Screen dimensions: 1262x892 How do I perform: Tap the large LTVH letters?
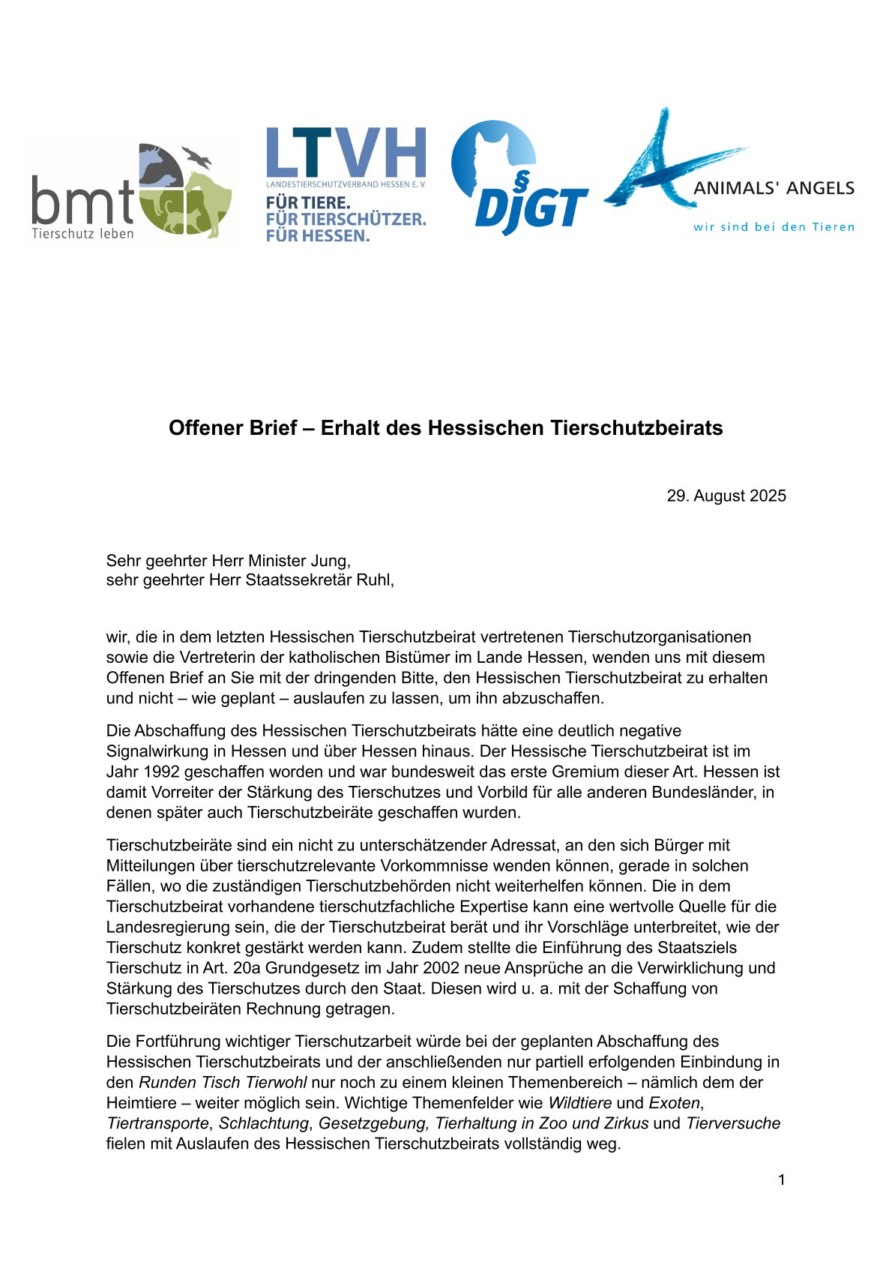point(346,153)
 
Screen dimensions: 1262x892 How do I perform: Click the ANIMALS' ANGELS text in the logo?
point(774,188)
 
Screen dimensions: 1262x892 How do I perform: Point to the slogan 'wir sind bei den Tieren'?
point(774,227)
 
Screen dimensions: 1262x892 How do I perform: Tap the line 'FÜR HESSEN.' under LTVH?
point(318,235)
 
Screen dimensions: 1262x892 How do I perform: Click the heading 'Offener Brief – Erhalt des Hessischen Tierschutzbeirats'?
point(445,428)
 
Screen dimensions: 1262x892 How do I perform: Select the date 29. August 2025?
point(726,496)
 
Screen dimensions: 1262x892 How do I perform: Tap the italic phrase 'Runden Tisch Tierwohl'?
point(223,1083)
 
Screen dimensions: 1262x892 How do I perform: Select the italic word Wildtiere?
point(579,1103)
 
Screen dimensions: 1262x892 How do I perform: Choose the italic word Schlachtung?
point(263,1123)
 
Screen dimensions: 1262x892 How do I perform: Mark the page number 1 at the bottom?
point(781,1180)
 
